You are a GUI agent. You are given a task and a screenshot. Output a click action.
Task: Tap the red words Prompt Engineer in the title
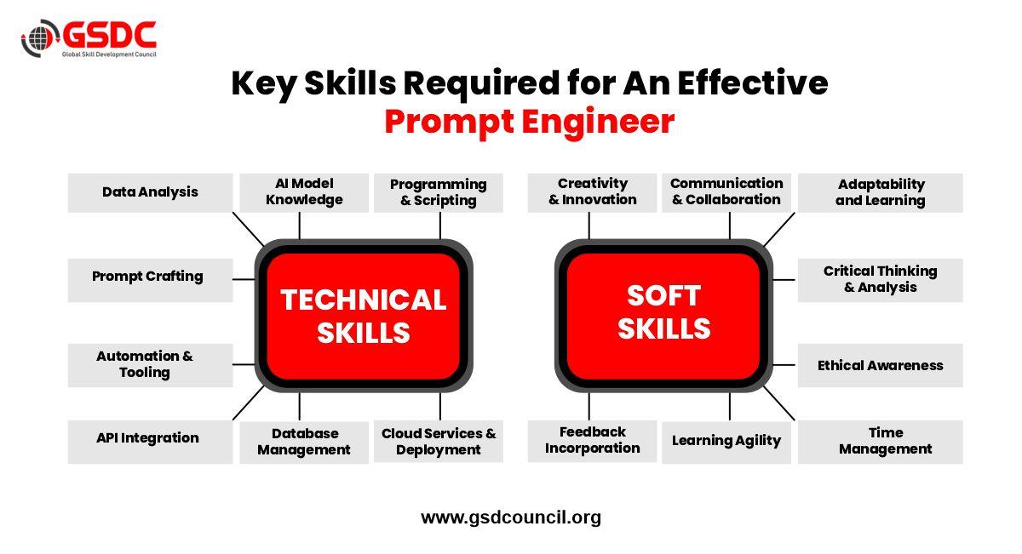click(529, 122)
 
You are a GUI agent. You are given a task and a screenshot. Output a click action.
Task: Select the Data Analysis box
click(150, 192)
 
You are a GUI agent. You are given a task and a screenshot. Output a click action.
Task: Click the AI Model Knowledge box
click(304, 192)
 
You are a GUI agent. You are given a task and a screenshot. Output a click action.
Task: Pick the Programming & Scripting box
click(438, 192)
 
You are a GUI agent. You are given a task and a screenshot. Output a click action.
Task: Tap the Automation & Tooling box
click(150, 364)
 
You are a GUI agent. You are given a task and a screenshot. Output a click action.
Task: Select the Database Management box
click(304, 442)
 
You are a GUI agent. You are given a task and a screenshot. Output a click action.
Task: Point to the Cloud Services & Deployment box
click(438, 442)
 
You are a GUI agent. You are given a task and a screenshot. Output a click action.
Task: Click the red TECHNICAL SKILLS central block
click(364, 316)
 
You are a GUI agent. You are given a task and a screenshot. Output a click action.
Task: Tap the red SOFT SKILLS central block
click(663, 312)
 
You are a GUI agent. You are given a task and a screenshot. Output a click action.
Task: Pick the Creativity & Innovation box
click(592, 192)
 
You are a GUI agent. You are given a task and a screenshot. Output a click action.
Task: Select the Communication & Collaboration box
click(726, 192)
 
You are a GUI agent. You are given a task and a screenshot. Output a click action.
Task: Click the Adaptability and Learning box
click(880, 192)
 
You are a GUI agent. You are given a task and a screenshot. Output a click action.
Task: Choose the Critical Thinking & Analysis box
click(880, 279)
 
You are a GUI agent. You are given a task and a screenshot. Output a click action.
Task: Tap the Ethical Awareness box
click(880, 365)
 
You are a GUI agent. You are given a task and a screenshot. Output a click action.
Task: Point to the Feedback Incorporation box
click(592, 441)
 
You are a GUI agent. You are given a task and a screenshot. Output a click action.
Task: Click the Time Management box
click(880, 441)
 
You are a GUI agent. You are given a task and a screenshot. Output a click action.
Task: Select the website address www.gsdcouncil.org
click(511, 517)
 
